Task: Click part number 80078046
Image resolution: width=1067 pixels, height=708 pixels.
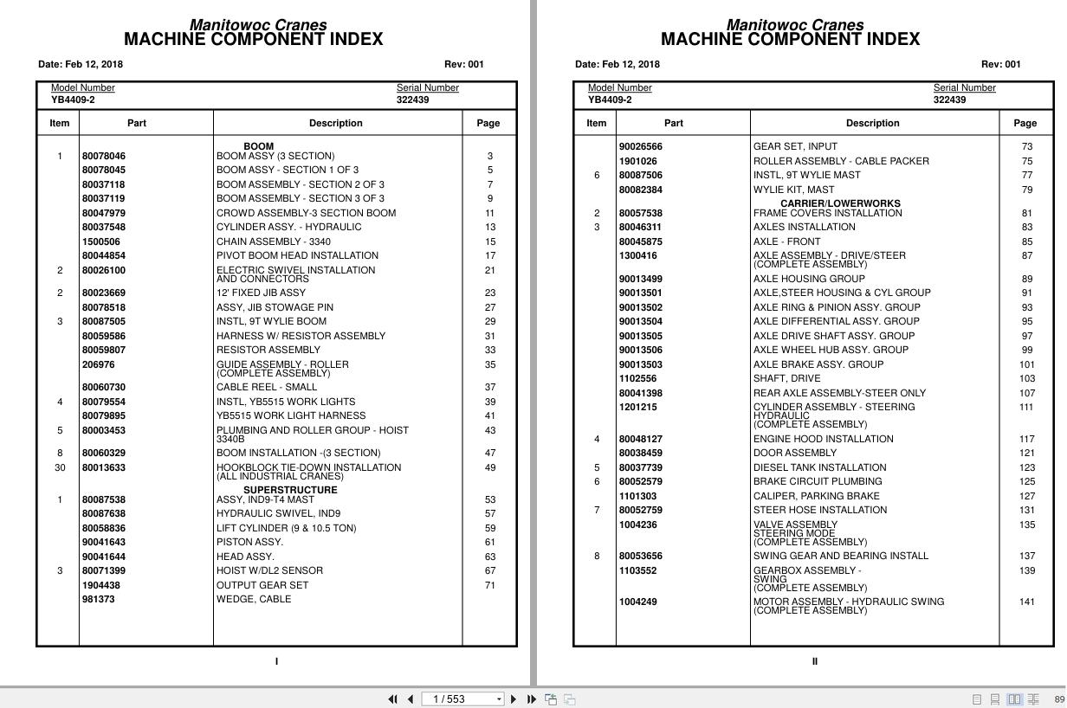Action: tap(103, 156)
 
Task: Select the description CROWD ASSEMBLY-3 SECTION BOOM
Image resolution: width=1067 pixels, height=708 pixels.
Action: tap(306, 213)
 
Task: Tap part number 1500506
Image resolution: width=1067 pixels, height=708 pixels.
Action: tap(101, 241)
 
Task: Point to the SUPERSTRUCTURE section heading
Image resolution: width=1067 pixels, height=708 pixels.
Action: tap(290, 490)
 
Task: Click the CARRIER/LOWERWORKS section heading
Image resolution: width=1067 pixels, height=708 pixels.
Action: tap(840, 204)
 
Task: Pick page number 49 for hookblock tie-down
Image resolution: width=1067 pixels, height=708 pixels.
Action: tap(490, 467)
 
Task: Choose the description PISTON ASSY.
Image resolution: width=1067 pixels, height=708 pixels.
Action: tap(249, 543)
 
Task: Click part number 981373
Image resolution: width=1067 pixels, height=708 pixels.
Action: tap(98, 599)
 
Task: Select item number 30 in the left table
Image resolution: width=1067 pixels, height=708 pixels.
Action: tap(60, 467)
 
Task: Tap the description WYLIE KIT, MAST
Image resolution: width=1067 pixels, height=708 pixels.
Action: tap(793, 190)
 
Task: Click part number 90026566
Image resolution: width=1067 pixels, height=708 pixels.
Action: tap(640, 147)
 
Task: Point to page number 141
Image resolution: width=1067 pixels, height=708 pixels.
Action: tap(1026, 602)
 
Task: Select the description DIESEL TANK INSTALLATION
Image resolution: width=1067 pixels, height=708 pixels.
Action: tap(819, 467)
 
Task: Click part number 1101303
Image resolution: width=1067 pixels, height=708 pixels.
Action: tap(637, 496)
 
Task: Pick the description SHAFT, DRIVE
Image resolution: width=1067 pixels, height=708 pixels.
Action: tap(785, 378)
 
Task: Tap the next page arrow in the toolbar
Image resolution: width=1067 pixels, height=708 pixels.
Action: tap(514, 699)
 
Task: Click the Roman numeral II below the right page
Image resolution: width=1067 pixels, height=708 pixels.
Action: tap(814, 661)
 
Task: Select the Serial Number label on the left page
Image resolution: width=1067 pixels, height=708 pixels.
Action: tap(428, 87)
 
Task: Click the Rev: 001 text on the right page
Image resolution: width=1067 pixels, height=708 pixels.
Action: tap(1000, 64)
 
